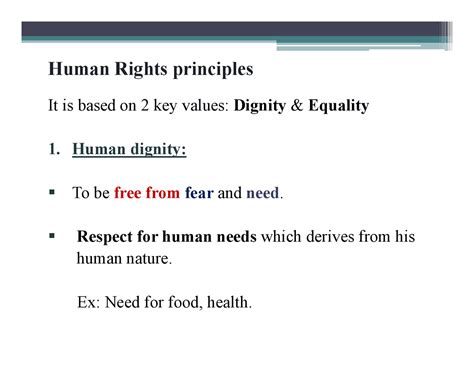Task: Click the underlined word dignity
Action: point(156,150)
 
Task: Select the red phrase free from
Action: point(147,193)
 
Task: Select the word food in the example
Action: point(190,299)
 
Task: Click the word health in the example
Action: point(232,299)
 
